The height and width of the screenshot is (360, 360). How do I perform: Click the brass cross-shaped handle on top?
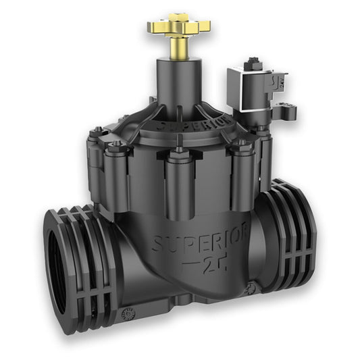(178, 27)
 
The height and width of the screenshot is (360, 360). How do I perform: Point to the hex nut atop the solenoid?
(253, 63)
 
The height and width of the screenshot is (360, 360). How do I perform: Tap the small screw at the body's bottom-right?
(251, 288)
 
